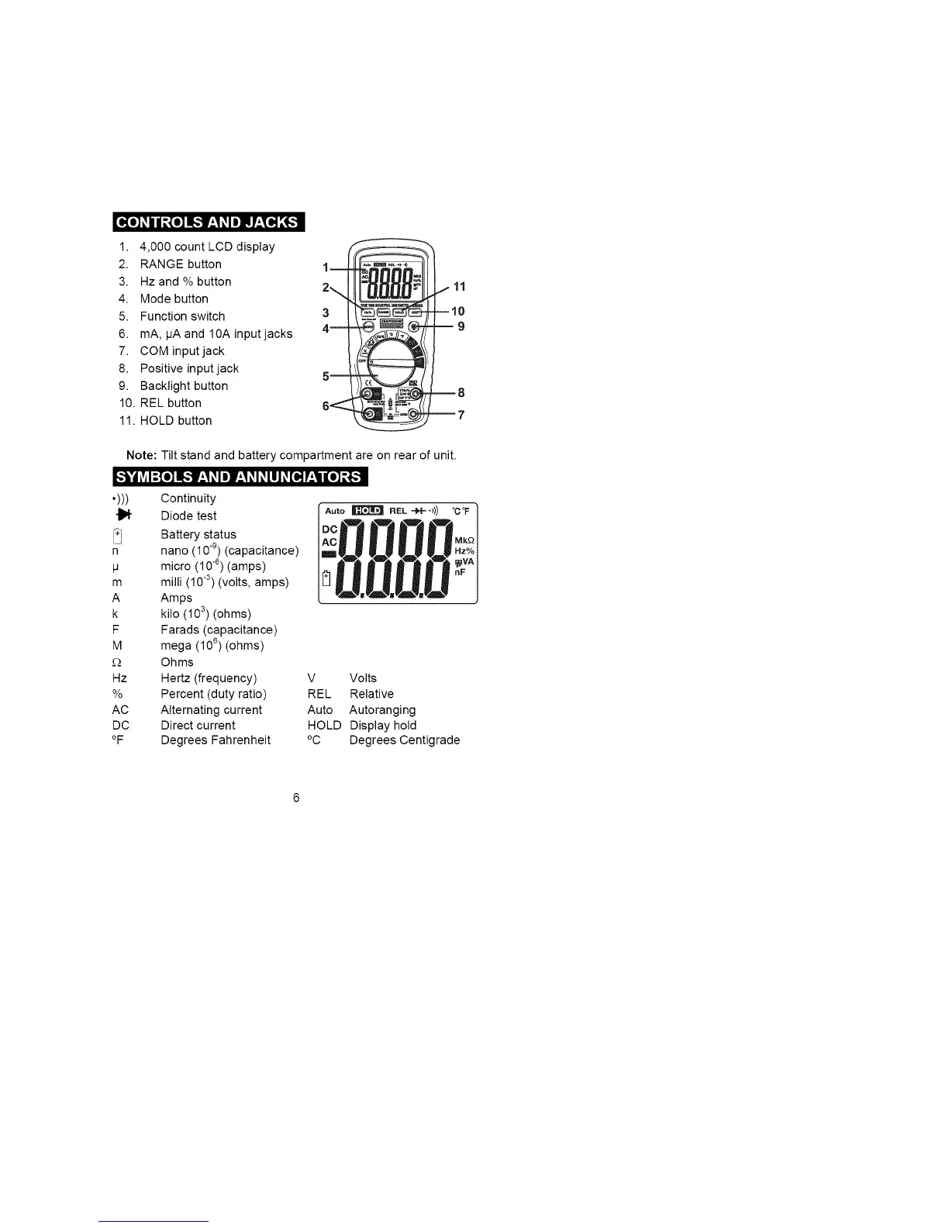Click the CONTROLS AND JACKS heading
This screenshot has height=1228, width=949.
click(208, 222)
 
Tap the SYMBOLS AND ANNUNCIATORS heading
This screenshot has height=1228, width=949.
click(239, 476)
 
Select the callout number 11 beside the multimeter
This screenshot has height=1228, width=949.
click(459, 287)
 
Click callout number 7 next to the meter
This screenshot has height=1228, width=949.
click(461, 415)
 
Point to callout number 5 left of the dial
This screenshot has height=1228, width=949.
click(326, 376)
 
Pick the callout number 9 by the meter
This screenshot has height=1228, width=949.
click(461, 326)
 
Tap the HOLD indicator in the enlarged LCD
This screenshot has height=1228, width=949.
click(368, 510)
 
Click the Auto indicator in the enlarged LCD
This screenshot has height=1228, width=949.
click(335, 511)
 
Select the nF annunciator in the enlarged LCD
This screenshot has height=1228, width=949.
click(460, 571)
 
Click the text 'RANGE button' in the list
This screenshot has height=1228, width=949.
click(181, 264)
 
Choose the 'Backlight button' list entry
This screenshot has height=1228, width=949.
click(184, 386)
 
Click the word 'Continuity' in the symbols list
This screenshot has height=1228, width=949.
click(188, 498)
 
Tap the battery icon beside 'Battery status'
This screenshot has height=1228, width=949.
click(118, 534)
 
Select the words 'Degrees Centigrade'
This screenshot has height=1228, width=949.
click(405, 740)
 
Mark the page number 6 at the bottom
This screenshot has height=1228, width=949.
click(296, 799)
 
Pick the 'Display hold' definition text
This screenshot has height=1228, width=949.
click(383, 726)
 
